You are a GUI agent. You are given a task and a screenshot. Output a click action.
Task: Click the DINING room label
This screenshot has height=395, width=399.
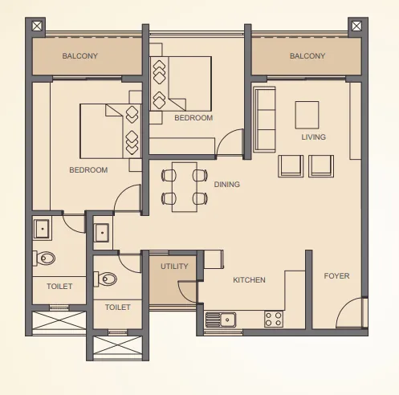pyautogui.click(x=226, y=185)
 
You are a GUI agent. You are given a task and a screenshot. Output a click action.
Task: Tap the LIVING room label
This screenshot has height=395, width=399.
pyautogui.click(x=313, y=137)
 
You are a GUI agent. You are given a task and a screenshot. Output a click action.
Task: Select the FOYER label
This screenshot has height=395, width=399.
pyautogui.click(x=336, y=276)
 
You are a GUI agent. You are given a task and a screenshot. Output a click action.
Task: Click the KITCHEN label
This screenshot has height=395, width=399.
pyautogui.click(x=249, y=280)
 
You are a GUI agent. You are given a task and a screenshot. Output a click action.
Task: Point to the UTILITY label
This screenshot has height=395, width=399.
pyautogui.click(x=174, y=267)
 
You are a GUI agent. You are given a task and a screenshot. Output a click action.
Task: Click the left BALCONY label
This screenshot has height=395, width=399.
pyautogui.click(x=79, y=56)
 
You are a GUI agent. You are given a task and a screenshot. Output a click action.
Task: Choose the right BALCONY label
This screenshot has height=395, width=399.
pyautogui.click(x=307, y=56)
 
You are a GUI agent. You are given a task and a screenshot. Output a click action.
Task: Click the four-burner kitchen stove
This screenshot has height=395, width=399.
pyautogui.click(x=274, y=319)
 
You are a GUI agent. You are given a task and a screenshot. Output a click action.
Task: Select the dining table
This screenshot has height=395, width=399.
pyautogui.click(x=184, y=186)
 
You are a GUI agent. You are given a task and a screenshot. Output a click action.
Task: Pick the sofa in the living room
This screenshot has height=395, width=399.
pyautogui.click(x=264, y=119)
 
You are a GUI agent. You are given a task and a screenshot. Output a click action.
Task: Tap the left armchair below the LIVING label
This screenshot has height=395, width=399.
pyautogui.click(x=291, y=165)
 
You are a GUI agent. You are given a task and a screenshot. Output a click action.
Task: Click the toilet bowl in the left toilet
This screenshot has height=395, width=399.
pyautogui.click(x=45, y=259)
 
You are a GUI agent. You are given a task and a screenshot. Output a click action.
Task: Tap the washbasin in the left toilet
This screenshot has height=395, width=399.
pyautogui.click(x=43, y=230)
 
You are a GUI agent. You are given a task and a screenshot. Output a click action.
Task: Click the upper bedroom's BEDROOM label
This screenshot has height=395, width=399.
pyautogui.click(x=193, y=118)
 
